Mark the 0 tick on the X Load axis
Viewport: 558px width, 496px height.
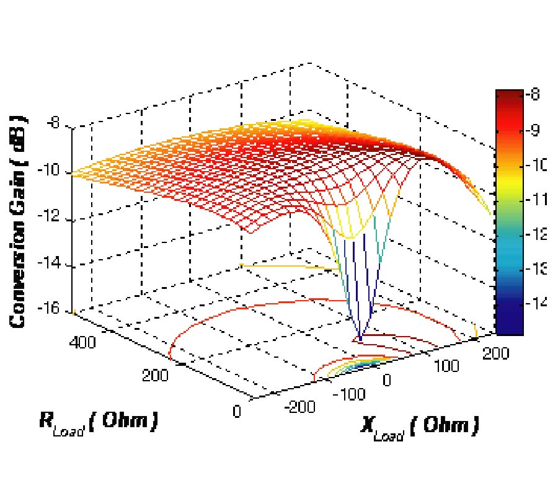(387, 379)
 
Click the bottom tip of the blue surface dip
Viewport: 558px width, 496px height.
(360, 339)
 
